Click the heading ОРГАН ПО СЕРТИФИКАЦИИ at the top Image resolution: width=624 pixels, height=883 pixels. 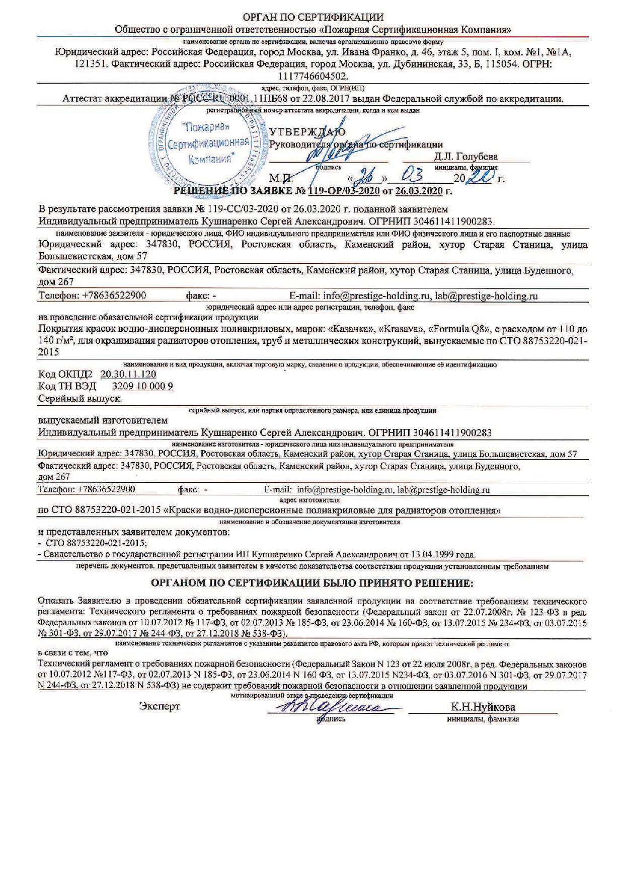313,18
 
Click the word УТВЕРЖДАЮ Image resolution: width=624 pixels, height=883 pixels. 307,133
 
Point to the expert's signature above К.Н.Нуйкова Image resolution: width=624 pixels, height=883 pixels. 330,707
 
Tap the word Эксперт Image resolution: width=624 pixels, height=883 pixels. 159,706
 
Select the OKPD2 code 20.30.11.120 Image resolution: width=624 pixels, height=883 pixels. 128,374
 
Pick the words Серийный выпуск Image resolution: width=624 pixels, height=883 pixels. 81,398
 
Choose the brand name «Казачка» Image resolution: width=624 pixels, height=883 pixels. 347,329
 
